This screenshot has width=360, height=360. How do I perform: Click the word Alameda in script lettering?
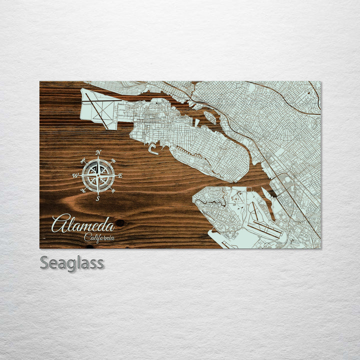click(82, 224)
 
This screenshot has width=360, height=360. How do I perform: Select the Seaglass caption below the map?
click(72, 262)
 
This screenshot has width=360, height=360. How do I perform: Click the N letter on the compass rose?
click(98, 152)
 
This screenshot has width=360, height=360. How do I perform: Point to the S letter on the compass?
click(98, 198)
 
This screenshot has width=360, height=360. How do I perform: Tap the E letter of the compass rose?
click(120, 175)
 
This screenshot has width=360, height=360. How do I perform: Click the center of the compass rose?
click(98, 175)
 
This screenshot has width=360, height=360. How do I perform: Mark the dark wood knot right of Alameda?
click(119, 223)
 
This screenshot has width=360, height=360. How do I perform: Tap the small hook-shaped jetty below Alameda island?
click(152, 148)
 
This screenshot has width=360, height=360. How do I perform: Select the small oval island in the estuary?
click(210, 118)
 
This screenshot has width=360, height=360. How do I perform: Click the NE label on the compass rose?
click(113, 160)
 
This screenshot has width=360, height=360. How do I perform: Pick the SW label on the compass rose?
click(83, 190)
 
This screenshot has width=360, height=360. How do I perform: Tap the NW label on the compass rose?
click(83, 160)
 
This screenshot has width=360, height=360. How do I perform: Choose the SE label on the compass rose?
click(113, 190)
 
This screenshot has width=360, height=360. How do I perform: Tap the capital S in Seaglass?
click(44, 262)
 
